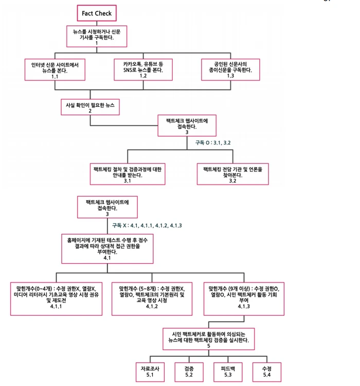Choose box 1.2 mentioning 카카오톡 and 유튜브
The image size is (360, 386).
pyautogui.click(x=142, y=69)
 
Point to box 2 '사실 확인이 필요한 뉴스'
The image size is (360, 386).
pyautogui.click(x=90, y=107)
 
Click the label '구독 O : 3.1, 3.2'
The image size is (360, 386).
pyautogui.click(x=212, y=142)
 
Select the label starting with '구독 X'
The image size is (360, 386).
pyautogui.click(x=147, y=225)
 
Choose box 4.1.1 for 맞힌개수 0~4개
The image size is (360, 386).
pyautogui.click(x=56, y=297)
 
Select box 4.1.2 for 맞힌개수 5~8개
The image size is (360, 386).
pyautogui.click(x=151, y=297)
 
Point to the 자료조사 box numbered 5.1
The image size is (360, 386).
pyautogui.click(x=147, y=372)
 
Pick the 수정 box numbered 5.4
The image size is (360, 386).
pyautogui.click(x=266, y=372)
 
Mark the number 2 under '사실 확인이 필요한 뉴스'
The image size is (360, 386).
pyautogui.click(x=90, y=111)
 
